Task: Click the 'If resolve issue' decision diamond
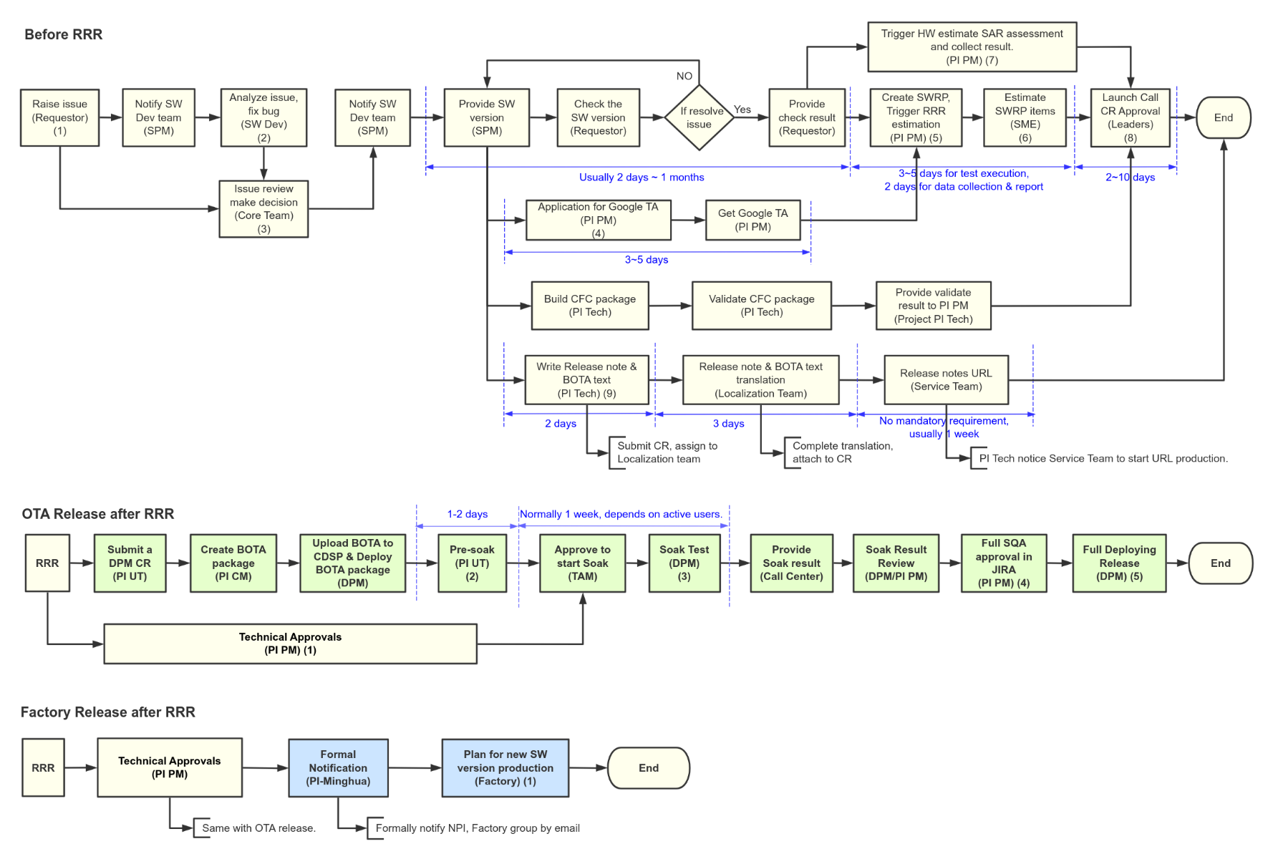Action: [699, 117]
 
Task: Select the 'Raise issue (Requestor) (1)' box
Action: [59, 117]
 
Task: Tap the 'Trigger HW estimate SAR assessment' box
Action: [972, 47]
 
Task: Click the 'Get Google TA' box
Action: [752, 220]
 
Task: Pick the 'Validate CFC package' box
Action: [761, 306]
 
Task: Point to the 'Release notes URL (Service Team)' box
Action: [946, 380]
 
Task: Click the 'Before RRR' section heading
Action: [63, 34]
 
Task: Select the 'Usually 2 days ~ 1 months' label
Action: [642, 178]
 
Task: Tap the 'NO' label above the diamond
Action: [684, 76]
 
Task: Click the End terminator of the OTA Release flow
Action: [1220, 563]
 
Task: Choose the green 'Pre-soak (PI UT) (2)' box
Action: [472, 563]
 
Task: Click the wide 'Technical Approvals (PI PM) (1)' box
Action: [290, 644]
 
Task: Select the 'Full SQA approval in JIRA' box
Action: [1003, 563]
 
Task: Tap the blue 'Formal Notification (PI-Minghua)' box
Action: [338, 768]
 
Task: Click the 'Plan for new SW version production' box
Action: [505, 768]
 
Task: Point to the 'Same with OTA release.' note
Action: [258, 828]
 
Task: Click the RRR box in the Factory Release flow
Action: [43, 768]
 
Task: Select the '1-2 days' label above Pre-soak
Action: [467, 514]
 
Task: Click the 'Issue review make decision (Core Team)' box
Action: [263, 209]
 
